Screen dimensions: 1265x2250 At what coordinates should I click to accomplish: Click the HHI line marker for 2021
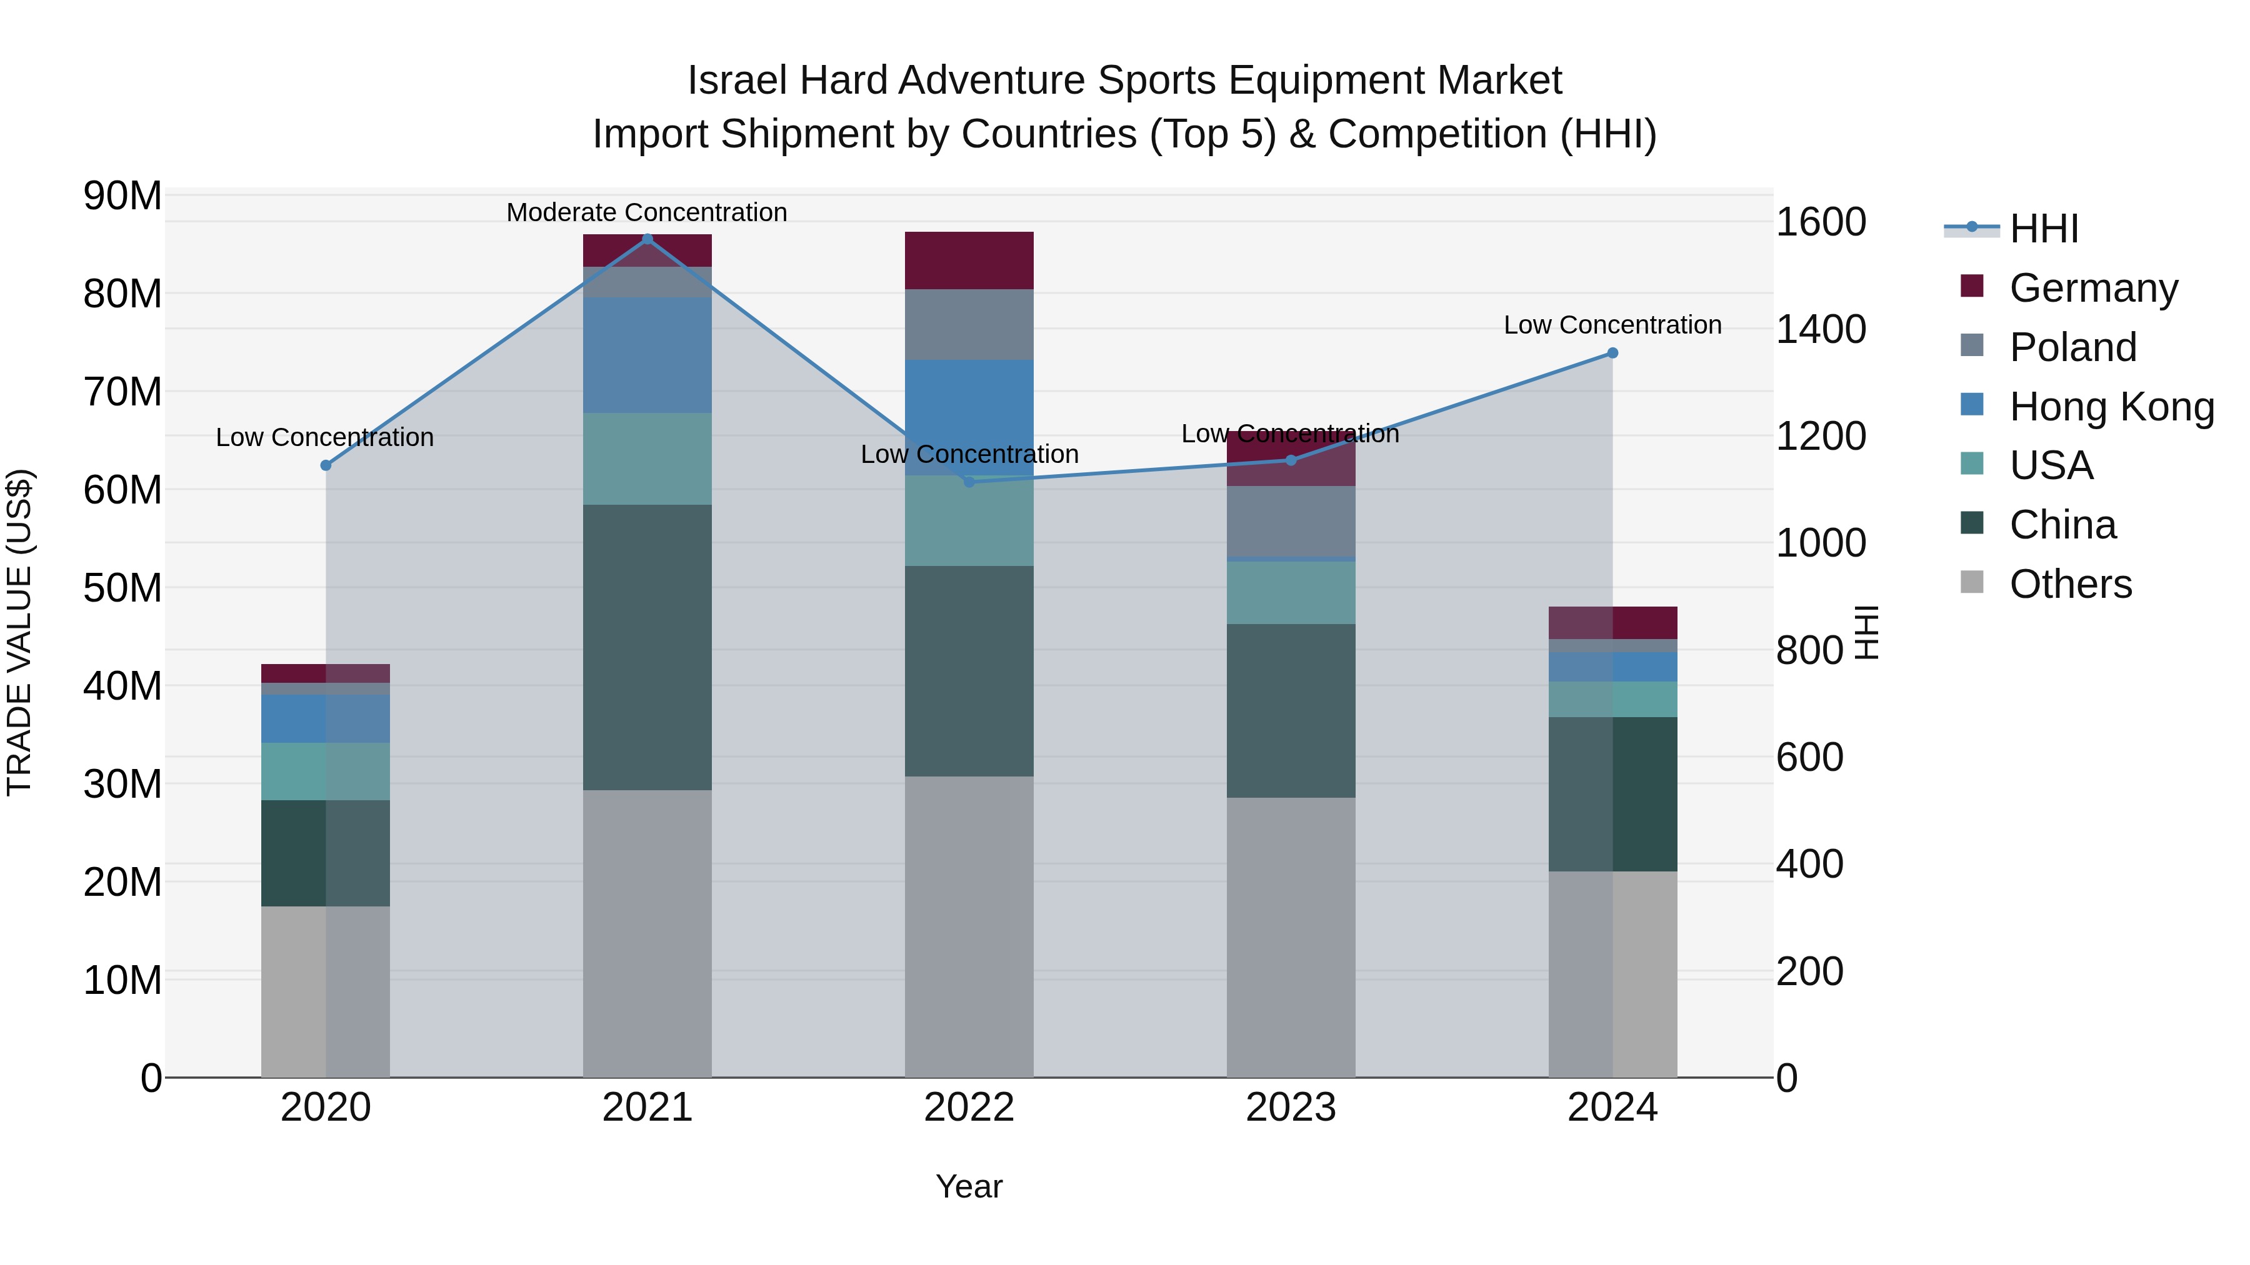647,239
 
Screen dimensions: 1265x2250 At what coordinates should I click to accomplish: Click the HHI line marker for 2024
1612,353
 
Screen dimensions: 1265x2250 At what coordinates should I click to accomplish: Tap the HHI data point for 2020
326,465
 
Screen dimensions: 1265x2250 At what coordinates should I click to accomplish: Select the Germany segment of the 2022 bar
969,260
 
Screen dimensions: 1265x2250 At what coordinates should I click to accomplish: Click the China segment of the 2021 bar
647,647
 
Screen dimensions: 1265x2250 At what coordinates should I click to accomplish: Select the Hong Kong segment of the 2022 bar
969,417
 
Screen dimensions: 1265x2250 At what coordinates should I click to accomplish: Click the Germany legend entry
2092,288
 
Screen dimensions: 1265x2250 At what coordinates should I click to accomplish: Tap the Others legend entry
2069,584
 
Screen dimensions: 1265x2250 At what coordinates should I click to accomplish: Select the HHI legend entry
2043,229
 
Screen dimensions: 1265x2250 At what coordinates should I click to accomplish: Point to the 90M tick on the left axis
122,196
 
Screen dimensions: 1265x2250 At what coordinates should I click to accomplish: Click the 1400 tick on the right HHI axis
1820,329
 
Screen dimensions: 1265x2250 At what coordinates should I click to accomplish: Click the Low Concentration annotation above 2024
1612,325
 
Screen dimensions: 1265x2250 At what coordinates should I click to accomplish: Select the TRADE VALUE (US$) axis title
19,632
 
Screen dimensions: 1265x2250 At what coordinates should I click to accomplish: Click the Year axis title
969,1186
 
